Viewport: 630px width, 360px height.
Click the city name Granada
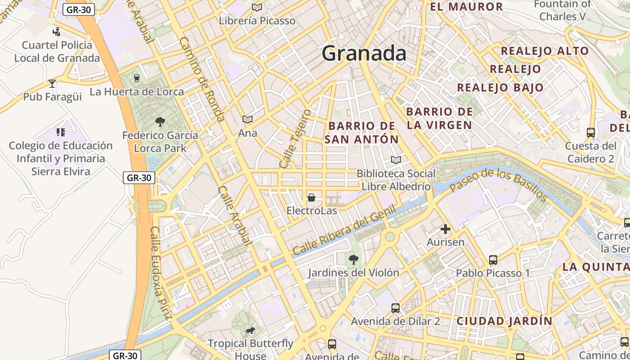[x=364, y=53]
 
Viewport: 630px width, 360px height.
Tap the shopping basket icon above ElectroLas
[x=311, y=198]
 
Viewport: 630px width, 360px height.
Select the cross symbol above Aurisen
[x=445, y=229]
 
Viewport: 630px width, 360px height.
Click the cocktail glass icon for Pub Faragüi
[x=52, y=83]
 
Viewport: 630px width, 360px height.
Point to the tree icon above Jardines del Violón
[x=354, y=259]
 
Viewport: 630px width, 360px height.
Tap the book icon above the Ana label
[x=247, y=119]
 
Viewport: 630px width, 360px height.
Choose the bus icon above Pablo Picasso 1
[x=493, y=260]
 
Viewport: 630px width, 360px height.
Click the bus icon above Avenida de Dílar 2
[x=395, y=308]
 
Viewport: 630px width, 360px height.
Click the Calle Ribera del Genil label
[x=344, y=230]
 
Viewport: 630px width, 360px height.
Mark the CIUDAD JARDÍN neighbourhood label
[x=504, y=321]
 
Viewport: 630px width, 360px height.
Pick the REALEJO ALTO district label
[x=544, y=51]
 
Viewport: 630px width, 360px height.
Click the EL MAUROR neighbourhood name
[x=466, y=7]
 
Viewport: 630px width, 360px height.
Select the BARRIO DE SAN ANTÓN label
[x=362, y=132]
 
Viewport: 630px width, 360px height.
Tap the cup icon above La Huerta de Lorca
[x=137, y=78]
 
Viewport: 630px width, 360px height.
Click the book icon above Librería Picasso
[x=257, y=7]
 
